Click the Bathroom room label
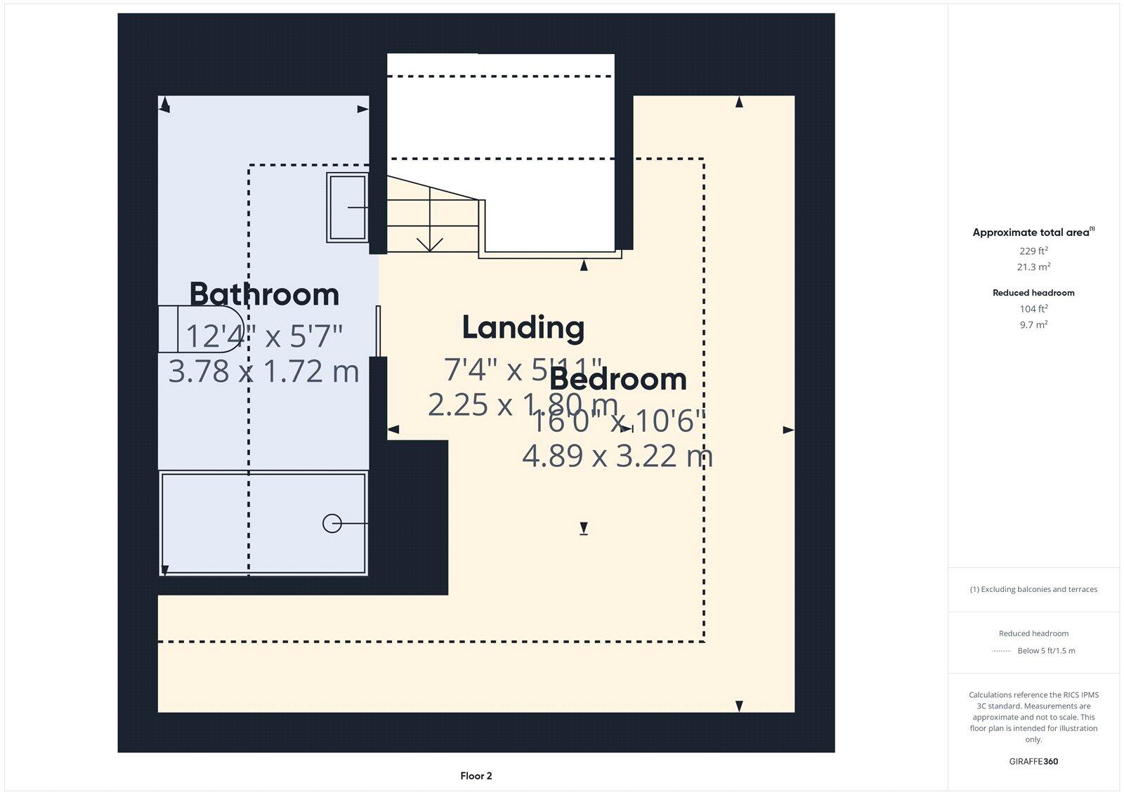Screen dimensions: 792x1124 point(264,294)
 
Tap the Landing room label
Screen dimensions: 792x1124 point(523,327)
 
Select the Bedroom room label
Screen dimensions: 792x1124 point(617,379)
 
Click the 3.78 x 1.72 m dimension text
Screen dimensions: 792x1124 point(263,371)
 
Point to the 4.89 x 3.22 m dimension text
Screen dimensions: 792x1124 point(617,456)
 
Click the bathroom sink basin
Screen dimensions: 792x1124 point(347,208)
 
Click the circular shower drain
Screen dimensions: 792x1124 point(332,524)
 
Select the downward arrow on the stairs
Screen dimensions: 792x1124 point(429,242)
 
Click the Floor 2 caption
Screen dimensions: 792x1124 point(476,776)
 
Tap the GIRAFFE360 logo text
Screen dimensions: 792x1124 point(1033,761)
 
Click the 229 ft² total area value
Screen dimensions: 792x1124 point(1033,251)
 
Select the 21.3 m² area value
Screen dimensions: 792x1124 point(1033,267)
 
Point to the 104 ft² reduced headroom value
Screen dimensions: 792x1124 point(1033,309)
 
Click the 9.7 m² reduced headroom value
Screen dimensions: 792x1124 point(1033,325)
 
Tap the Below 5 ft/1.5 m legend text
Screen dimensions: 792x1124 point(1046,651)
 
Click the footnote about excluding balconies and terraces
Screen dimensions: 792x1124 point(1033,589)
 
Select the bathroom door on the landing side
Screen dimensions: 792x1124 point(378,331)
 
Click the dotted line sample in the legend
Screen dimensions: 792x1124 point(1001,652)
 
